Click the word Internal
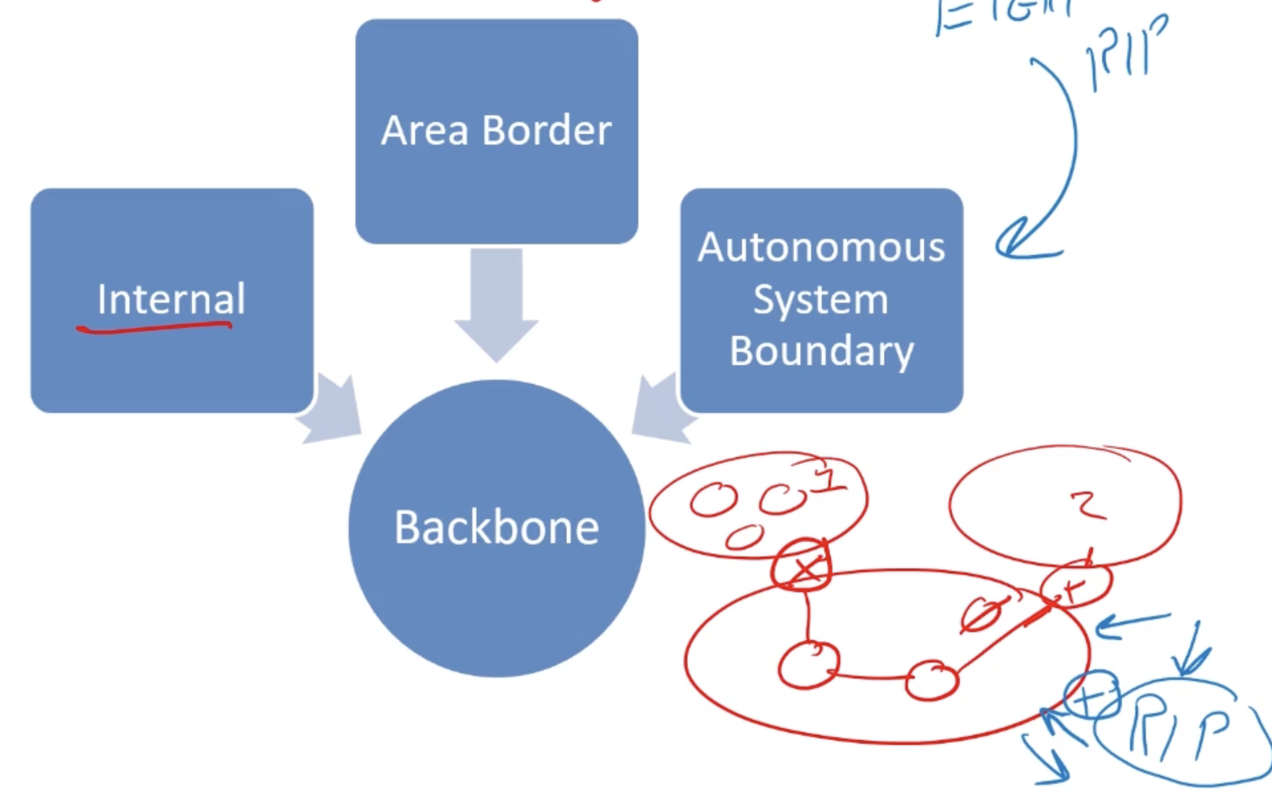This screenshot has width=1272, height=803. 171,299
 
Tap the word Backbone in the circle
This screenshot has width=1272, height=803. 497,527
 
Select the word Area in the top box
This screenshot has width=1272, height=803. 425,130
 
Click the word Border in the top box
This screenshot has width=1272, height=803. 547,130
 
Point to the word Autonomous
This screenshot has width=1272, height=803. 821,247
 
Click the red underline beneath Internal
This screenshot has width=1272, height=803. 154,328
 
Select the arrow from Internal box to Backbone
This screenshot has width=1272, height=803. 332,410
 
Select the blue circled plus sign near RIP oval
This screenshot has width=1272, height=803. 1091,695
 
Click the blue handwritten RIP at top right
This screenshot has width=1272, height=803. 1125,53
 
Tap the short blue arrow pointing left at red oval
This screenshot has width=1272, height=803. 1130,624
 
